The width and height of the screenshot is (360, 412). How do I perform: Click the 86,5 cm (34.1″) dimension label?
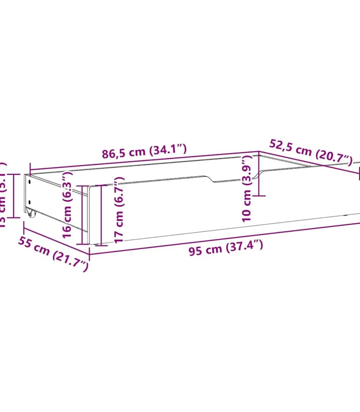point(144,151)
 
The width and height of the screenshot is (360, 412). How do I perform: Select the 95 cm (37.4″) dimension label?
point(226,247)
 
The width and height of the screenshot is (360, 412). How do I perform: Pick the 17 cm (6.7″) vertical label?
point(119,210)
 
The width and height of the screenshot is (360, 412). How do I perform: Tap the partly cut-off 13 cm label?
point(3,195)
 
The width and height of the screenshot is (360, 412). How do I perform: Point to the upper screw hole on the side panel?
point(29,182)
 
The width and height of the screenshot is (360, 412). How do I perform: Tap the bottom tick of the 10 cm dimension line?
point(259,196)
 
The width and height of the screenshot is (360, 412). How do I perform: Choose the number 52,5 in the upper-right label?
point(280,146)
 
